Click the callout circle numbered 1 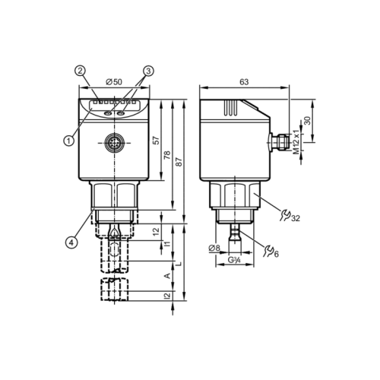69,140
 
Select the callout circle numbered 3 147,71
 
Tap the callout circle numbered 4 71,242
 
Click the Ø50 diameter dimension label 114,81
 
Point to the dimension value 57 156,141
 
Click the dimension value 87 179,162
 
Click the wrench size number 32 295,218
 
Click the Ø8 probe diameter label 214,248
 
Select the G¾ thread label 236,261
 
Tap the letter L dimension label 179,262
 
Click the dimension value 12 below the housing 156,230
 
